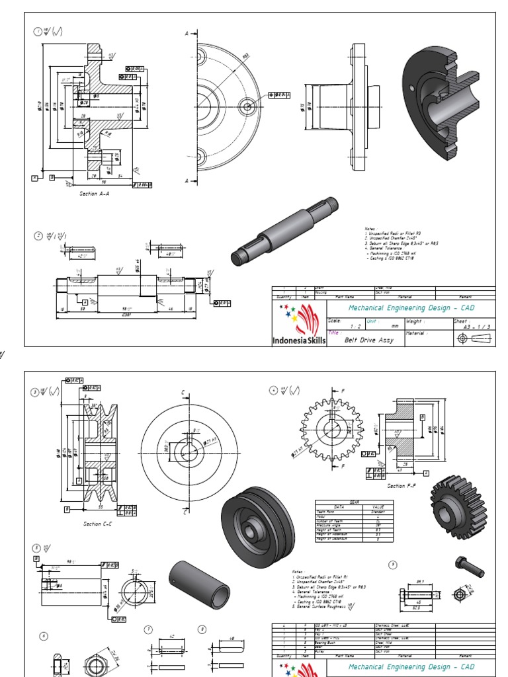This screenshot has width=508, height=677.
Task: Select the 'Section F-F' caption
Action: click(401, 486)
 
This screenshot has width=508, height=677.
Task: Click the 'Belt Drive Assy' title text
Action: click(369, 340)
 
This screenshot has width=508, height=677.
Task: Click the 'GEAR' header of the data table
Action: click(354, 502)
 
